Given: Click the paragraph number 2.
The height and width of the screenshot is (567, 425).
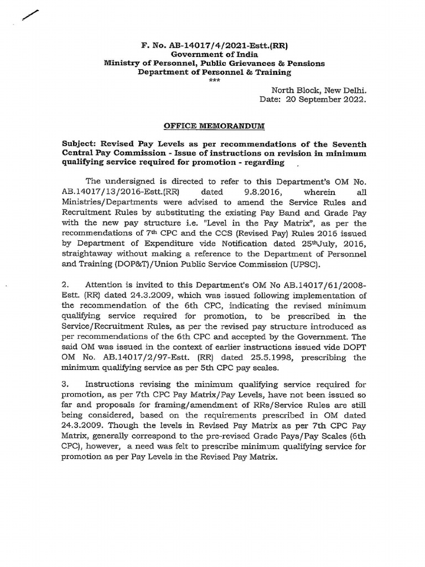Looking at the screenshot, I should (x=65, y=284).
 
